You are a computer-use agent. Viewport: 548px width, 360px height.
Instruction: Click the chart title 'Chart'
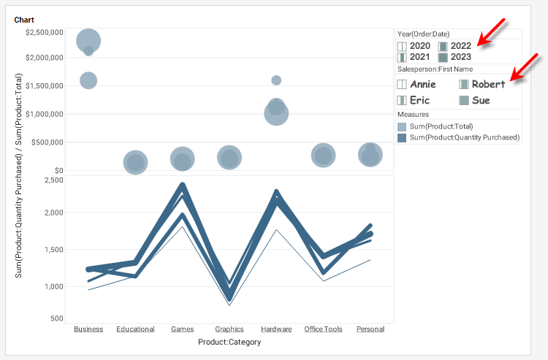(23, 20)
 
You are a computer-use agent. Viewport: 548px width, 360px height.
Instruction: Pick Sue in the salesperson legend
(481, 100)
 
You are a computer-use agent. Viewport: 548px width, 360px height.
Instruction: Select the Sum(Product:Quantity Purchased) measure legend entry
(464, 137)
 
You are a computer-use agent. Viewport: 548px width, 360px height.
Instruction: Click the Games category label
(183, 329)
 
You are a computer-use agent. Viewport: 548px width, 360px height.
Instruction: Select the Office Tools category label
(323, 329)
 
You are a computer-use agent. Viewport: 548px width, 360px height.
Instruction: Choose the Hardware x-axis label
(276, 329)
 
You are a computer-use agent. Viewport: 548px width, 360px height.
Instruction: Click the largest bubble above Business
(88, 41)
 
